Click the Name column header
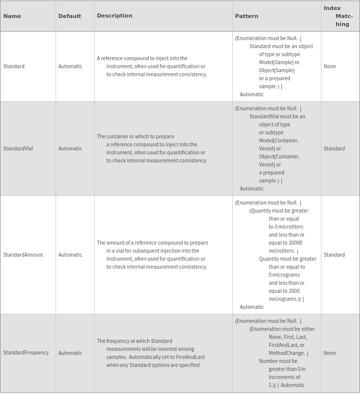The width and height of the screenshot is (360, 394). tap(12, 16)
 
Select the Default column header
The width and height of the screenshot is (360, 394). tap(70, 16)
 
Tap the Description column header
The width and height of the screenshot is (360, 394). tap(115, 16)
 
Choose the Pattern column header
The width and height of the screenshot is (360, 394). tap(247, 16)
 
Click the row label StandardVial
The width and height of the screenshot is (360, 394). tap(18, 148)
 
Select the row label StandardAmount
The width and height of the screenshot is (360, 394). tap(23, 255)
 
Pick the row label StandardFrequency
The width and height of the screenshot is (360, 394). tap(26, 353)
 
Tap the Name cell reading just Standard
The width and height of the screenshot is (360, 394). tap(14, 66)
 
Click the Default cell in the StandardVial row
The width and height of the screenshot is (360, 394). tap(70, 148)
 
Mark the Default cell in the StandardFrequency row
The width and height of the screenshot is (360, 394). tap(70, 353)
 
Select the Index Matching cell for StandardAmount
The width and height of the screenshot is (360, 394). tap(334, 255)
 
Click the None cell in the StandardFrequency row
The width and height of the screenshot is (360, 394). tap(330, 353)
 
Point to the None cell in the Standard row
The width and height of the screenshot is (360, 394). tap(330, 66)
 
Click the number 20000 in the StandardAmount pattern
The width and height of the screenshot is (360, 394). tap(295, 243)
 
